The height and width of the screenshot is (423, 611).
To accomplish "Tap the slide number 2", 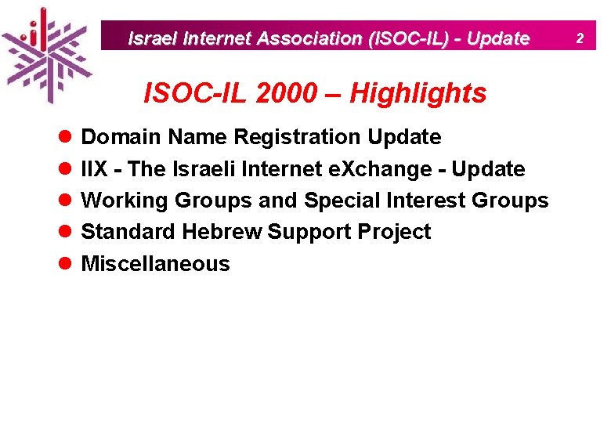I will [581, 38].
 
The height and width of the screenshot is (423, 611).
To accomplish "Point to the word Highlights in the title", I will [418, 93].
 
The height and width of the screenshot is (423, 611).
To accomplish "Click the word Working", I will [125, 201].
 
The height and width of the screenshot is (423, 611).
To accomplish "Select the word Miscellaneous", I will [156, 264].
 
